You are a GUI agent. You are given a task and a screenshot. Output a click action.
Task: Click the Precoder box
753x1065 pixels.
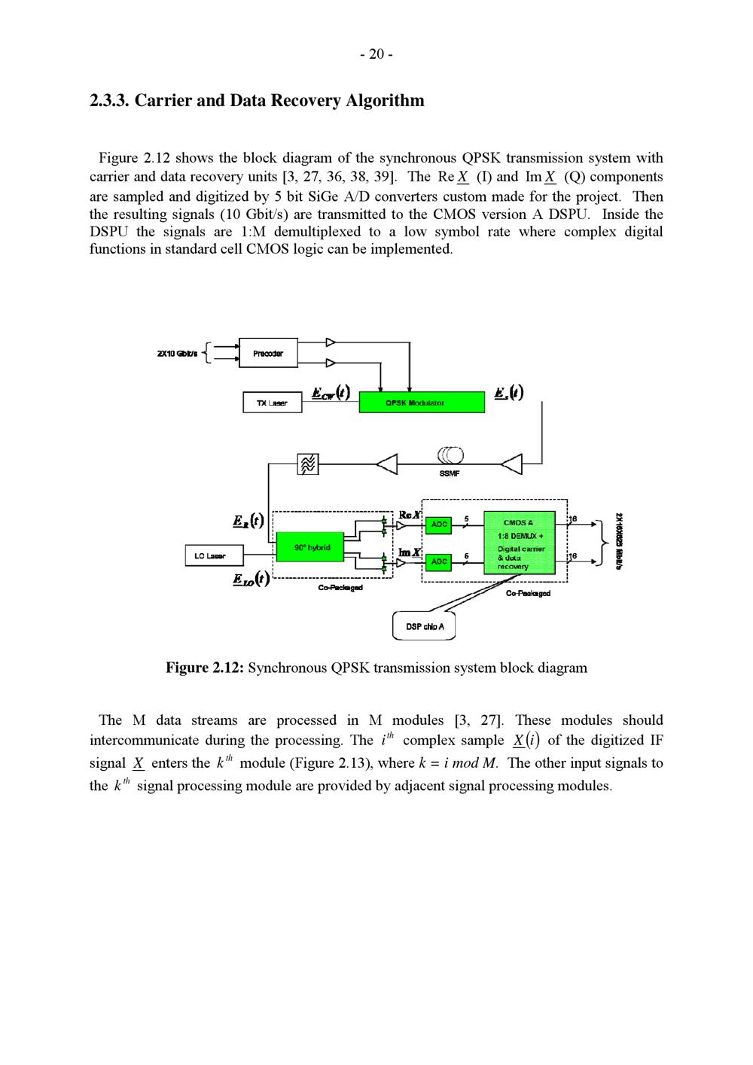(267, 353)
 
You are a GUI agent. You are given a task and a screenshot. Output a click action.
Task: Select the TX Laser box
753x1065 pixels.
(271, 403)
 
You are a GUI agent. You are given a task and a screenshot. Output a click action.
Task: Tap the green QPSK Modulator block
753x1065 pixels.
(421, 403)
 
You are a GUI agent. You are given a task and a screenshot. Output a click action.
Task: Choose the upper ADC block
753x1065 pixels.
(438, 524)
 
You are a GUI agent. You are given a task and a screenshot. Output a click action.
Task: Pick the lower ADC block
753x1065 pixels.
(438, 561)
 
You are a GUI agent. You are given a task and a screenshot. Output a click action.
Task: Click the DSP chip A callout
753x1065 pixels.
(424, 626)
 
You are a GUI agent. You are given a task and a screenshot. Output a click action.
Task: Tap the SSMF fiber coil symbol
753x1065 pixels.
(450, 455)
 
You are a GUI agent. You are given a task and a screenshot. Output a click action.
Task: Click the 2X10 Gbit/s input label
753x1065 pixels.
(178, 353)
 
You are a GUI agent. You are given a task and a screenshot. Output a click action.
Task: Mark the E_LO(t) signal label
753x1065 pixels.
(251, 579)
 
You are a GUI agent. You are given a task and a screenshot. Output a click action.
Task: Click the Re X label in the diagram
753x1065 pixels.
(410, 515)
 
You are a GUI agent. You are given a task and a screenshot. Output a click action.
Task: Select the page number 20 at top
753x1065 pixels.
(376, 53)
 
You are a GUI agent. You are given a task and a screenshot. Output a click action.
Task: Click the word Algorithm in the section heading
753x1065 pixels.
(384, 100)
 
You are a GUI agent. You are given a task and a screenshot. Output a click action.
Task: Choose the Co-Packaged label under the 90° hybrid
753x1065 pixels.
(340, 587)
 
